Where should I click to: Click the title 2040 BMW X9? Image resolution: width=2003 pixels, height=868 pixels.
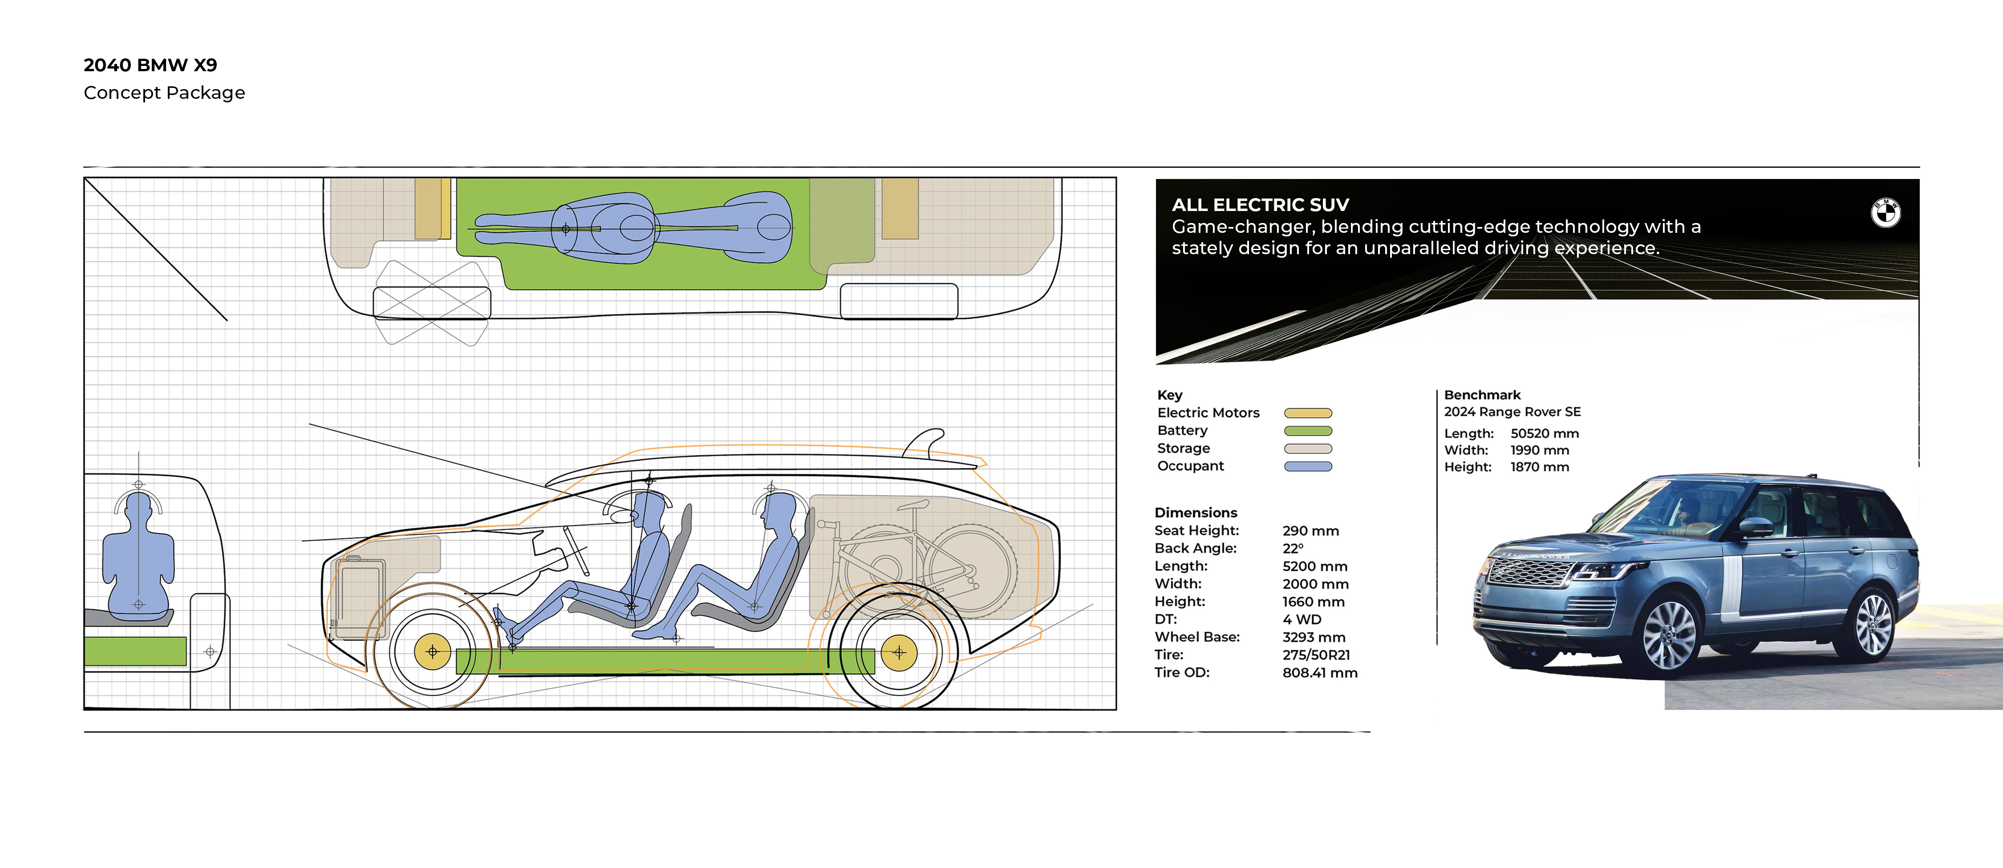point(150,65)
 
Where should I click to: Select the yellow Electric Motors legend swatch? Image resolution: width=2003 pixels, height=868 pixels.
point(1308,413)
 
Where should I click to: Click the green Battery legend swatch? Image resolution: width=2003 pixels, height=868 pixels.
point(1308,431)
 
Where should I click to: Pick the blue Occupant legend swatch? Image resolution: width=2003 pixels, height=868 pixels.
point(1308,466)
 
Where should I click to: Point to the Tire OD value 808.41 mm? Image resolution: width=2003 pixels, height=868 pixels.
point(1319,673)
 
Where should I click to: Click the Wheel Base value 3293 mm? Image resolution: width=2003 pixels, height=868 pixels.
point(1314,637)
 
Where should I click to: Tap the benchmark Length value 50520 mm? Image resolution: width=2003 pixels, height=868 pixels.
point(1544,433)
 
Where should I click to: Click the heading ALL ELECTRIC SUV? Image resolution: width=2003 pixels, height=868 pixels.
point(1260,205)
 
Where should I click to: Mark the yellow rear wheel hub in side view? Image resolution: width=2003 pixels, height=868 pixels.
point(898,652)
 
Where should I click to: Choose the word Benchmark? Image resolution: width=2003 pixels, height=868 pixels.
point(1482,395)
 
